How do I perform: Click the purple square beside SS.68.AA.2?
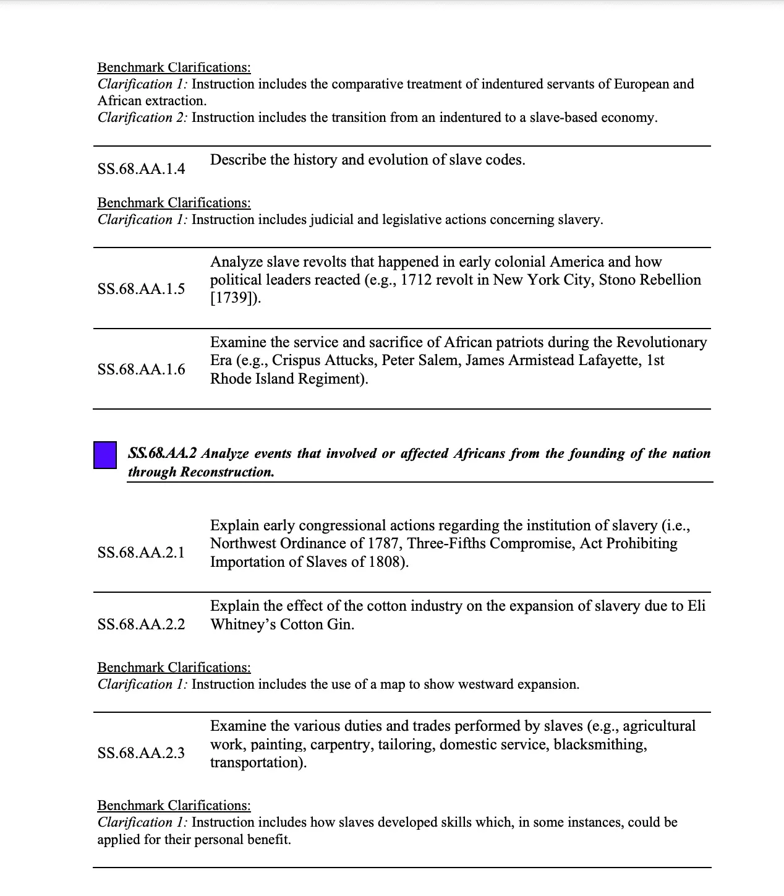click(105, 455)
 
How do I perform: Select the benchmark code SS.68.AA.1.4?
click(141, 169)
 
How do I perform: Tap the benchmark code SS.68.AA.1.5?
click(141, 289)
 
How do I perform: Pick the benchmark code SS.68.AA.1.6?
click(141, 369)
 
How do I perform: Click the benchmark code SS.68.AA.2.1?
click(141, 552)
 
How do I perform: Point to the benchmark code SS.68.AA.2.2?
click(141, 624)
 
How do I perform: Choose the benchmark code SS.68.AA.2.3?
click(141, 752)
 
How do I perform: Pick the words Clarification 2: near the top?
click(142, 118)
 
